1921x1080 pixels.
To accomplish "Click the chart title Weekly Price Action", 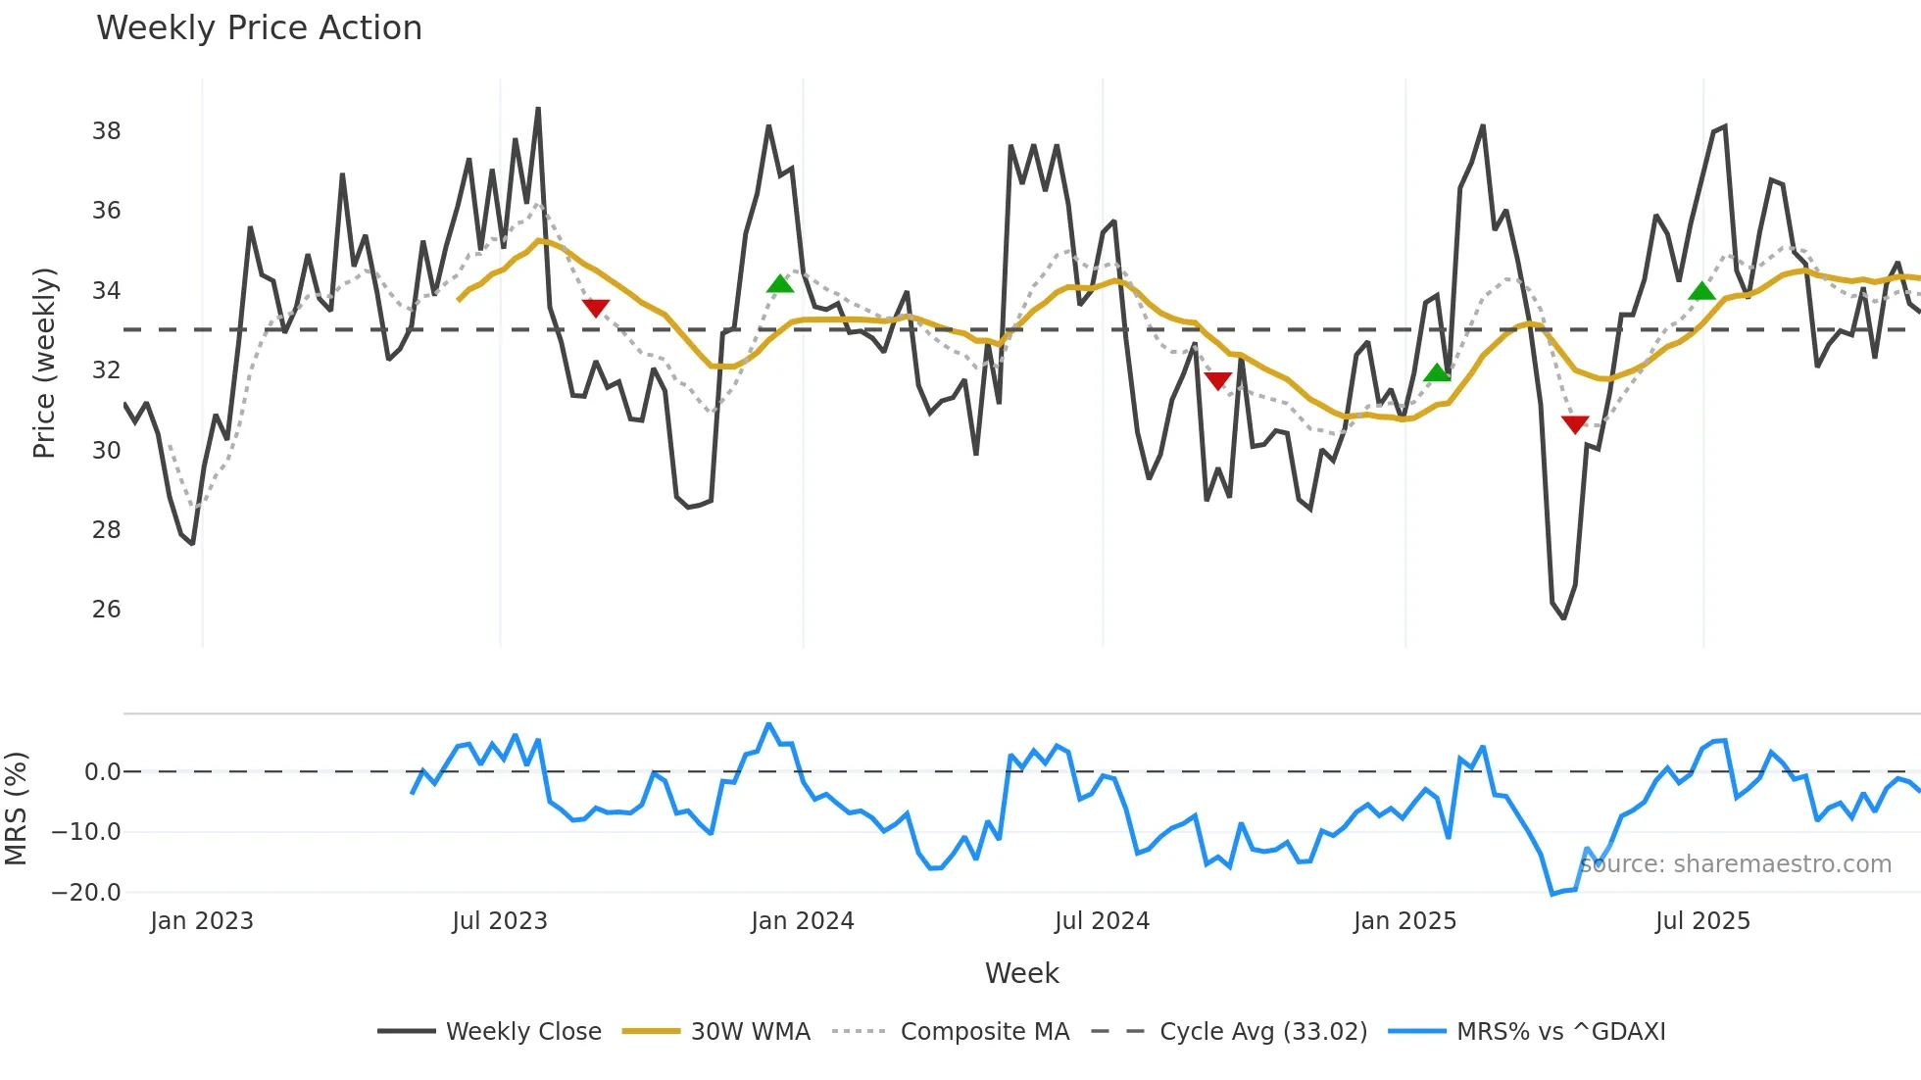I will pyautogui.click(x=259, y=28).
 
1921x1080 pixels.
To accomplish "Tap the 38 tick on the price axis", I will pyautogui.click(x=107, y=131).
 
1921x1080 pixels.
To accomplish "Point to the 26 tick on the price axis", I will pyautogui.click(x=107, y=610).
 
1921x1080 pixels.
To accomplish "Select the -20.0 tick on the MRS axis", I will pyautogui.click(x=86, y=893).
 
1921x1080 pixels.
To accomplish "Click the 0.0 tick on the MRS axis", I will pyautogui.click(x=102, y=772).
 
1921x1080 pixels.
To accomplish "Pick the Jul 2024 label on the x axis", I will pyautogui.click(x=1102, y=921).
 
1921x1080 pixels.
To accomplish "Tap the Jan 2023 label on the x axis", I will pyautogui.click(x=202, y=921).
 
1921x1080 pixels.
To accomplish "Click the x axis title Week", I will pyautogui.click(x=1021, y=973).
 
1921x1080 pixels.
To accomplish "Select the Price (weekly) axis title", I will pyautogui.click(x=45, y=363).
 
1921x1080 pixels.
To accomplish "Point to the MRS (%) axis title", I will pyautogui.click(x=17, y=809).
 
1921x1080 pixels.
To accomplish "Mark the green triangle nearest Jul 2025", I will pyautogui.click(x=1702, y=291).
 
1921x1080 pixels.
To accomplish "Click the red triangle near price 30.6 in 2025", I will pyautogui.click(x=1575, y=423).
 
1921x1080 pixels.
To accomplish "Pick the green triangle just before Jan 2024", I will pyautogui.click(x=780, y=284).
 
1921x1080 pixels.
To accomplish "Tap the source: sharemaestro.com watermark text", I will pyautogui.click(x=1735, y=864).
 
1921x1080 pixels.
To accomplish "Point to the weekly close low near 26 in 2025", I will pyautogui.click(x=1563, y=617).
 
